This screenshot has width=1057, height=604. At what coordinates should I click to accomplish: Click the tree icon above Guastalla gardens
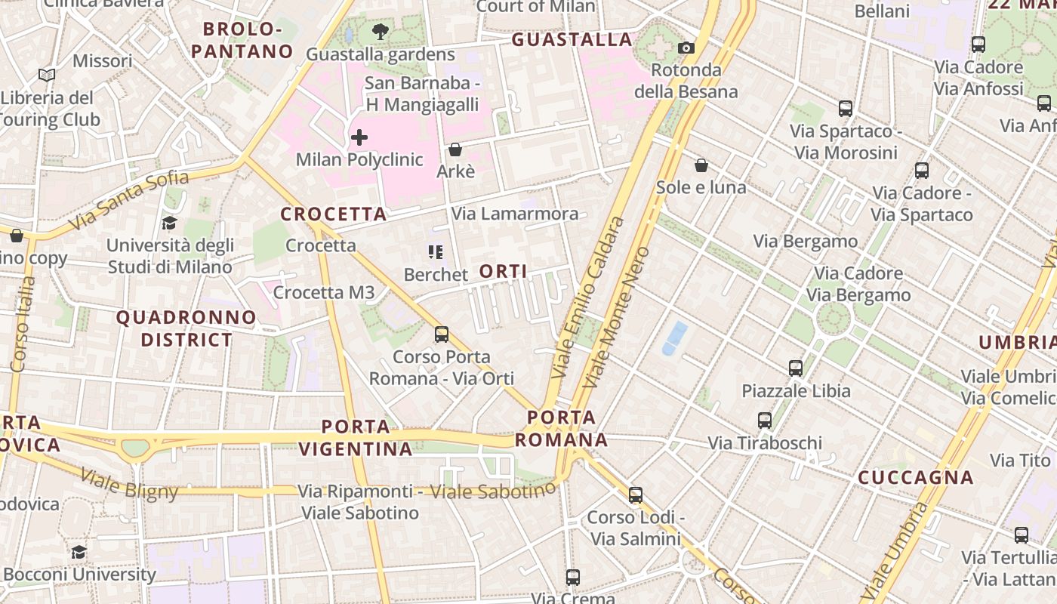(381, 32)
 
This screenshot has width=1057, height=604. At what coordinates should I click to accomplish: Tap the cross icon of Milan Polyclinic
(359, 137)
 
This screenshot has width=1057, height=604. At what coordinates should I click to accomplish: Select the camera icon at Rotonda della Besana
(686, 48)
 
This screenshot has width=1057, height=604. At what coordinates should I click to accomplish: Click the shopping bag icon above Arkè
(455, 149)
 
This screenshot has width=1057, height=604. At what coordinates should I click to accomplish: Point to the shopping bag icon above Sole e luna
(701, 165)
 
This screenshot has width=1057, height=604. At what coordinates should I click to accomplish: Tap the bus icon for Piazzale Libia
(796, 368)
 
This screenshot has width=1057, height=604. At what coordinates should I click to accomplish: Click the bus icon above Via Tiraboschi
(765, 421)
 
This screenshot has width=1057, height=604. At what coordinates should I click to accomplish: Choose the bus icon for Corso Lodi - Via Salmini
(636, 495)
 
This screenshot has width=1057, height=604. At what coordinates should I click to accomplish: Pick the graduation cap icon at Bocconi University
(79, 552)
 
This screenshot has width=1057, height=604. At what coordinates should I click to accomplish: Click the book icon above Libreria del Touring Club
(47, 75)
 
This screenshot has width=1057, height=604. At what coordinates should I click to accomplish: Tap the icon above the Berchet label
(435, 252)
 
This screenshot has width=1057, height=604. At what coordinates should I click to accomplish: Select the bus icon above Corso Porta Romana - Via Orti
(442, 334)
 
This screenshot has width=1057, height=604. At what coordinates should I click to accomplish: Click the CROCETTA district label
(334, 214)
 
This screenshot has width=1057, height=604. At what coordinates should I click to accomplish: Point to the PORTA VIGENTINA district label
(356, 438)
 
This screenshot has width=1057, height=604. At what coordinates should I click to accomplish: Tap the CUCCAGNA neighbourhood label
(916, 477)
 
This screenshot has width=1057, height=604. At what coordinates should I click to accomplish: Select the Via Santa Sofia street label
(128, 200)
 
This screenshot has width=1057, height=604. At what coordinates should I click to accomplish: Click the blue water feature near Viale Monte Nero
(674, 338)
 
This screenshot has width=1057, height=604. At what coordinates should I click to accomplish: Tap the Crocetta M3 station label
(324, 293)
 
